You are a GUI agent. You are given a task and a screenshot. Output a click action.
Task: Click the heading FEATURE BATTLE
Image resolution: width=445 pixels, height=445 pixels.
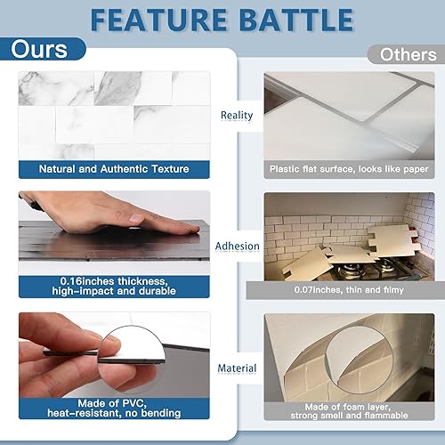tap(222, 19)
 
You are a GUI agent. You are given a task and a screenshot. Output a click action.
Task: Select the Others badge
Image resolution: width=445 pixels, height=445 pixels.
tap(407, 54)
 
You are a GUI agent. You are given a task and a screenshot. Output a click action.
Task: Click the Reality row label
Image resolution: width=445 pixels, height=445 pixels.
tap(237, 115)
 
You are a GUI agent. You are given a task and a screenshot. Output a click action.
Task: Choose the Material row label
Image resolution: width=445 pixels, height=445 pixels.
tap(236, 368)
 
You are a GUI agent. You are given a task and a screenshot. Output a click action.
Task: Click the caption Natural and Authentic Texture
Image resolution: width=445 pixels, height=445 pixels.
tap(113, 168)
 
